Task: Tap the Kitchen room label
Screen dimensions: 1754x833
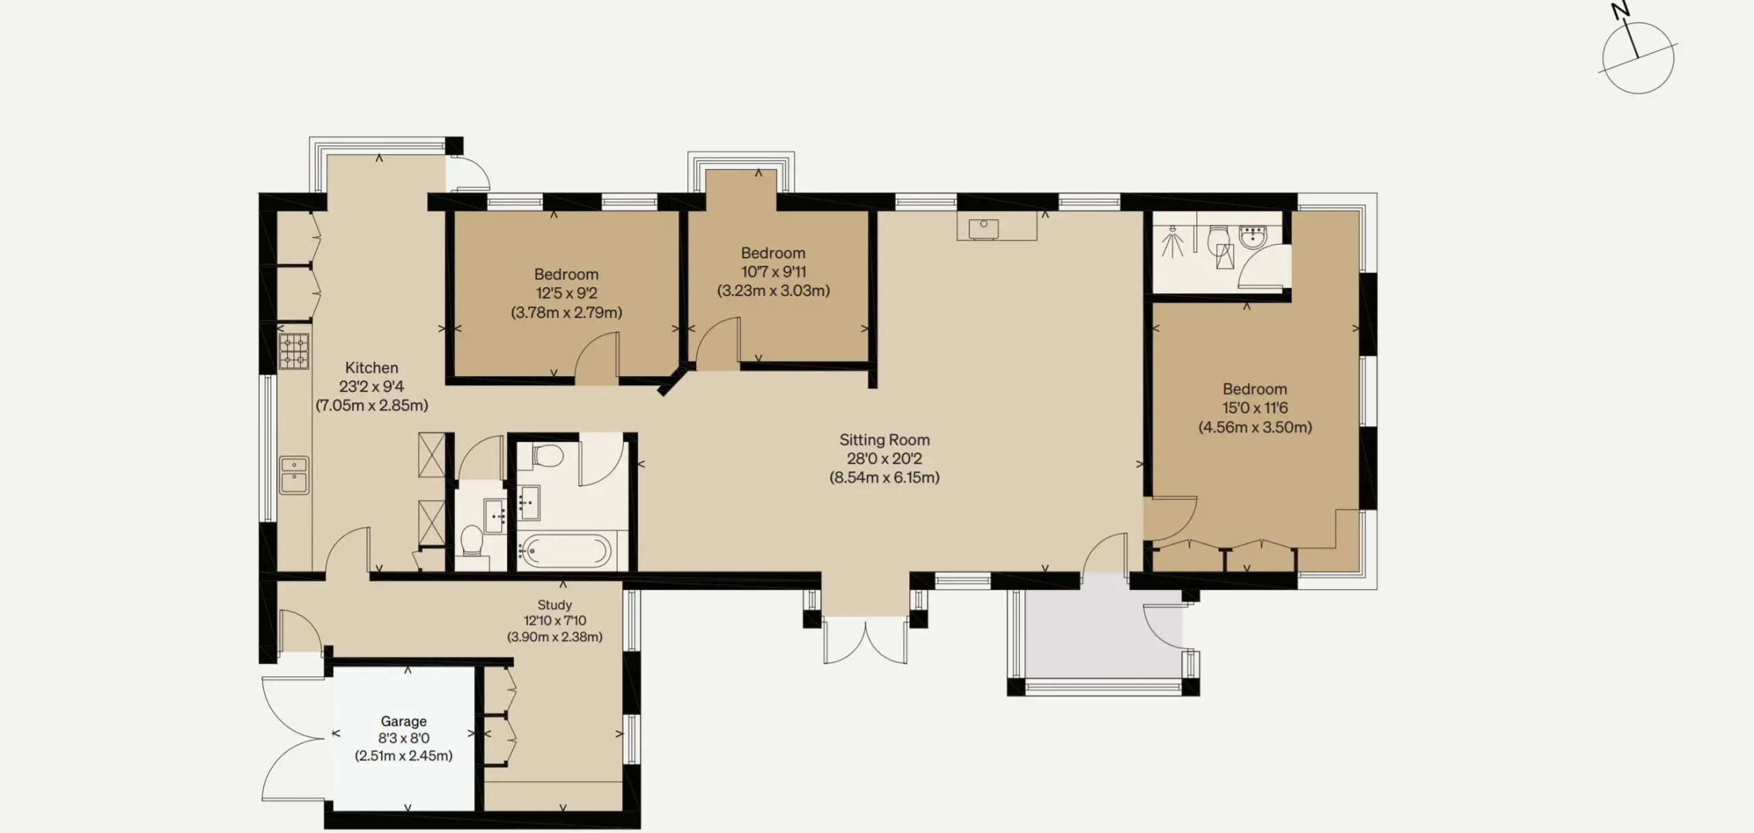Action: coord(371,368)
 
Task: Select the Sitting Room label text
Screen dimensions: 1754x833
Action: coord(885,440)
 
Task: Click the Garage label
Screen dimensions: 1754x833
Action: coord(404,721)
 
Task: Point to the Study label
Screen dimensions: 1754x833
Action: coord(554,605)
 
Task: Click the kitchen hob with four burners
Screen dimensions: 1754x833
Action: coord(294,351)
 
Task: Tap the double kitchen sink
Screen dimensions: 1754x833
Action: coord(294,475)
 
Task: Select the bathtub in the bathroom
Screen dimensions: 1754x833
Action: coord(565,550)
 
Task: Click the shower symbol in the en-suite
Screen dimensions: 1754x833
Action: coord(1173,242)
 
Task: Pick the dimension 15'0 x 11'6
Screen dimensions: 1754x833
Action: coord(1255,408)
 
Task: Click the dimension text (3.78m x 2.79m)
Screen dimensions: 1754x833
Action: coord(567,312)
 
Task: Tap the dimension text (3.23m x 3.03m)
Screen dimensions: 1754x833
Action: coord(774,290)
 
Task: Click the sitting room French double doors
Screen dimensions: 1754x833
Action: coord(866,641)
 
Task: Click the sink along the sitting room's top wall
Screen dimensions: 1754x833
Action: coord(983,228)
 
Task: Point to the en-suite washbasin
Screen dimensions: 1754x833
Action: coord(1254,236)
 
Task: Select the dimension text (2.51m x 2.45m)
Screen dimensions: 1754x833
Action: coord(404,756)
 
